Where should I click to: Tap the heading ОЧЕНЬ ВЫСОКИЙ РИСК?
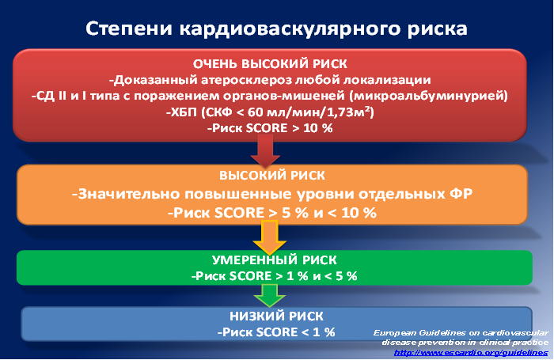270,64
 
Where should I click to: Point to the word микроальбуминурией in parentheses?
428,96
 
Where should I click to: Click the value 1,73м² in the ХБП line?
348,112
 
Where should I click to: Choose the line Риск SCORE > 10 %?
270,128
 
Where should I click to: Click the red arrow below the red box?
265,151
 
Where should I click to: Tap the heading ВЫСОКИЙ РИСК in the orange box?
272,176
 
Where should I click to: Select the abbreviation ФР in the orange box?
461,194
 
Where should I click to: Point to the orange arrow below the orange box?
270,237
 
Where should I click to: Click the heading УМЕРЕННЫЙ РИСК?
274,260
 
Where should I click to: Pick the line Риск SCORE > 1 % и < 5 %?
274,276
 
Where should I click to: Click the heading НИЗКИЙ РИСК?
276,316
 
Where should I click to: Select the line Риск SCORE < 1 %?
276,332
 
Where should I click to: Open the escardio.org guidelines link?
471,353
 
